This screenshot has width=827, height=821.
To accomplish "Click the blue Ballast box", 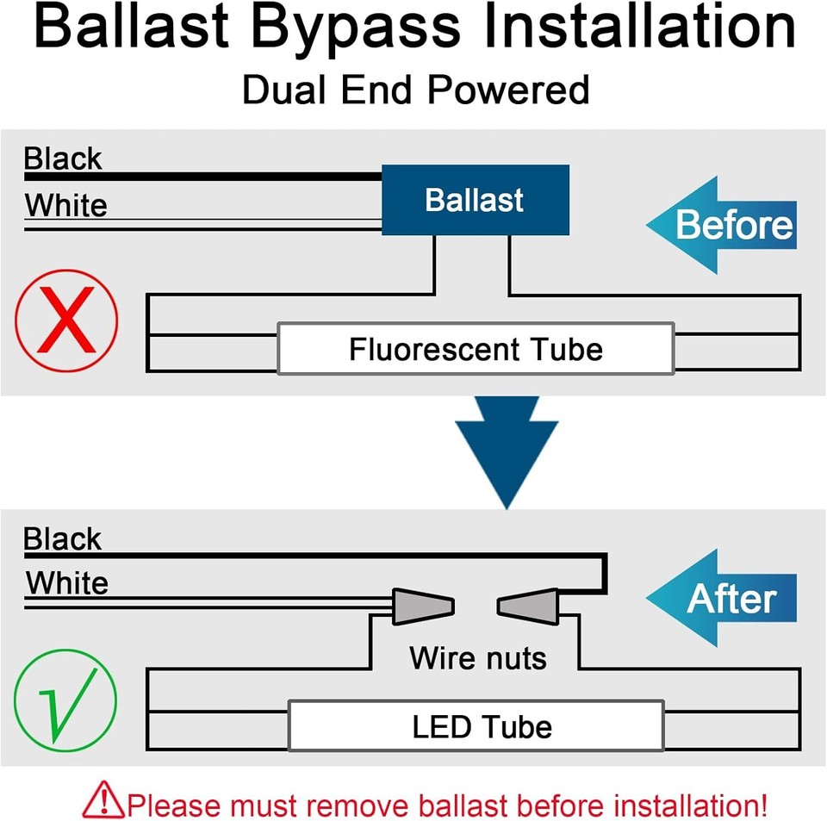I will click(475, 200).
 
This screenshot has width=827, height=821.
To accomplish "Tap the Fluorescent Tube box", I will click(475, 349).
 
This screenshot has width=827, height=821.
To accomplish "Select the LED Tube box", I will click(476, 725).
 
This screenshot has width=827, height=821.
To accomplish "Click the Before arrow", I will click(722, 225).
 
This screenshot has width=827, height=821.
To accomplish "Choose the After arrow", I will click(722, 599).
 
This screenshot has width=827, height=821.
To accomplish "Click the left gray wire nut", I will click(423, 606).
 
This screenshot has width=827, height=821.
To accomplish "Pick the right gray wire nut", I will click(529, 606).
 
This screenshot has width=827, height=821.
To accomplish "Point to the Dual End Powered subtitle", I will click(415, 90).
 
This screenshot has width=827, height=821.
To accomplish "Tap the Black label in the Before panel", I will click(63, 159).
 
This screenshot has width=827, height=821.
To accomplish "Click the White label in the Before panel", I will click(66, 206).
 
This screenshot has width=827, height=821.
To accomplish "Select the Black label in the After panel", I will click(63, 539).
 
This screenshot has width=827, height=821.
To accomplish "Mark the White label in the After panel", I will click(67, 583).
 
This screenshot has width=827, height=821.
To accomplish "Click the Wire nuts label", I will click(478, 658).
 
